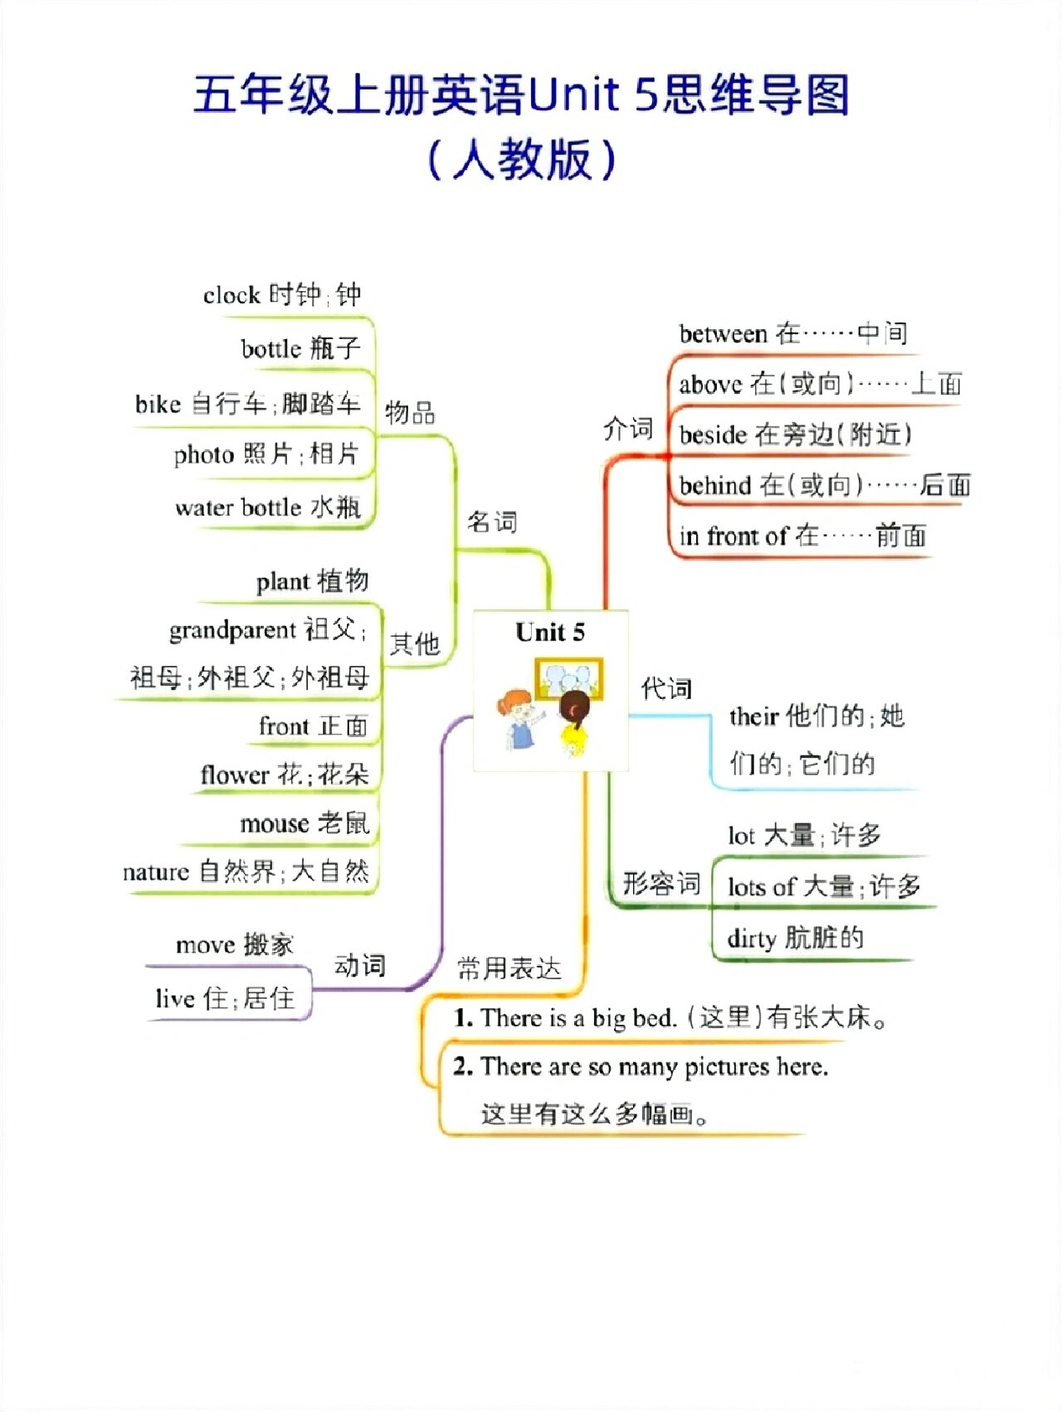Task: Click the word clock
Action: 231,295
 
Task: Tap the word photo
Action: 204,454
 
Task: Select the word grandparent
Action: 232,630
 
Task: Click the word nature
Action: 156,872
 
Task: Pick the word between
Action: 723,333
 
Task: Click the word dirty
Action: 751,939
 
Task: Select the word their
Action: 753,716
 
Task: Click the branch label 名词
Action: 492,522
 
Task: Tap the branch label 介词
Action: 628,429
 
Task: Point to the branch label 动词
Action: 360,965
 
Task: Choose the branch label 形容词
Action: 661,884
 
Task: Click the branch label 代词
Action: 666,688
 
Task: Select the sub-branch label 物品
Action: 410,412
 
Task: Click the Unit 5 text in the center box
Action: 550,633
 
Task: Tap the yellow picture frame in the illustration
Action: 568,678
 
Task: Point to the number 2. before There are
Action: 463,1066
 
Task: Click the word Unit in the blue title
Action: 573,95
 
